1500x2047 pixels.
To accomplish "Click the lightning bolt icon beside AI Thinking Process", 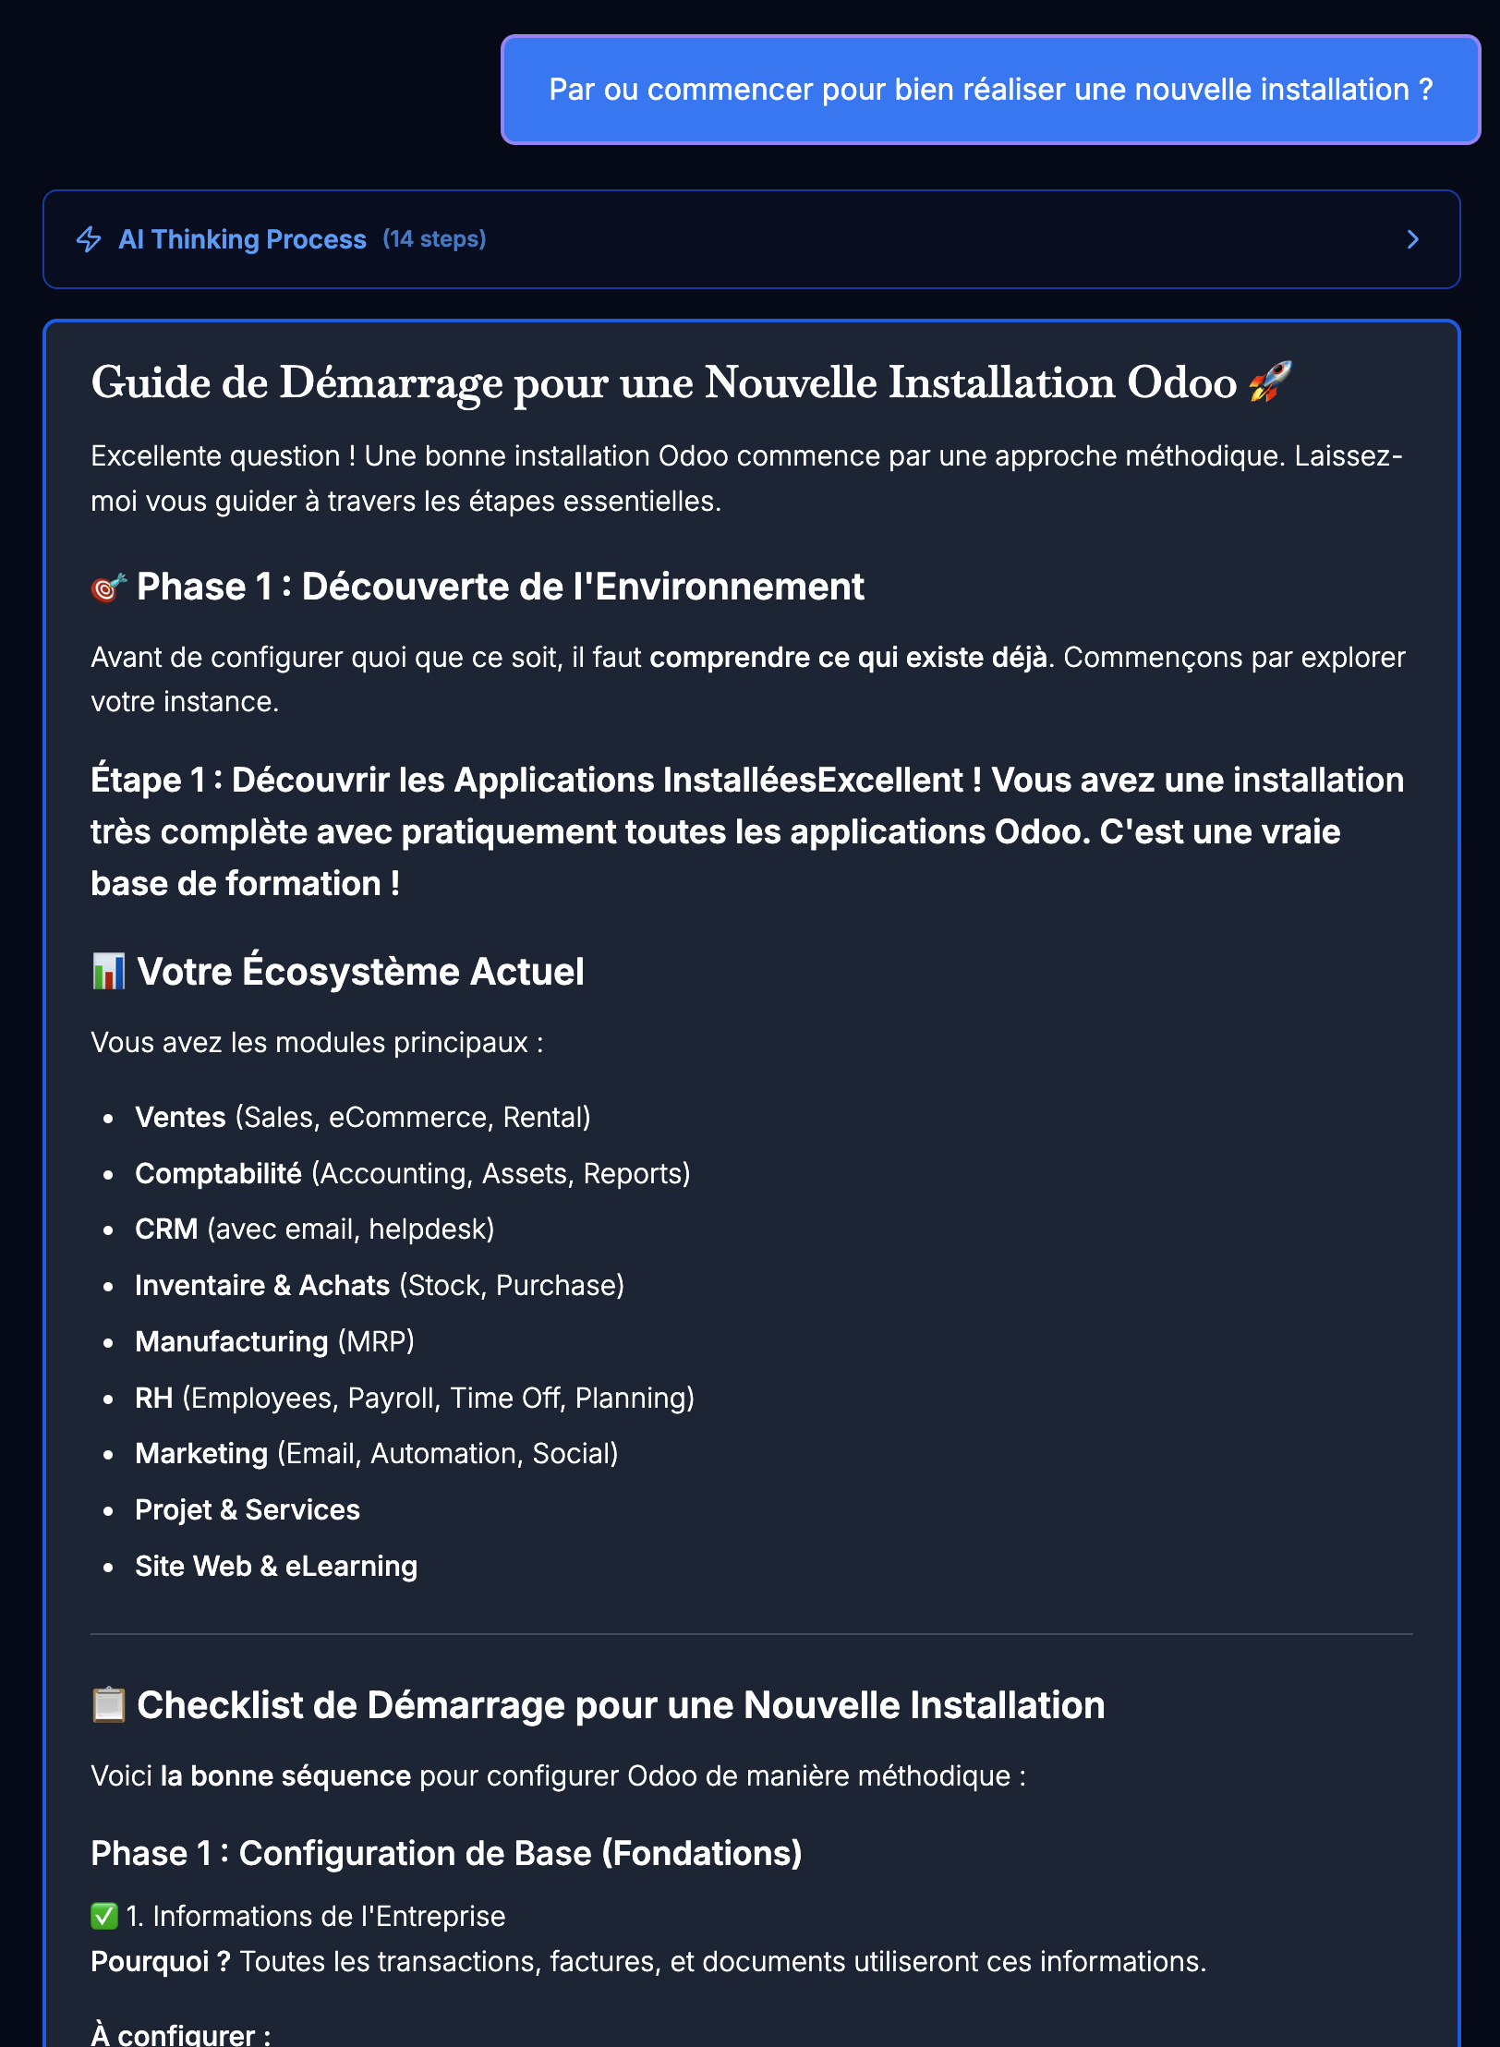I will [89, 239].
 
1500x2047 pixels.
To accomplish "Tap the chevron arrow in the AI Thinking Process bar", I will [1412, 240].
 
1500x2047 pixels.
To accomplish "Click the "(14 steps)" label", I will [434, 239].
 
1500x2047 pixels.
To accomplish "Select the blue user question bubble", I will [990, 90].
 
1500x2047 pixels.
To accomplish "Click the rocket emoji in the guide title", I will [1270, 382].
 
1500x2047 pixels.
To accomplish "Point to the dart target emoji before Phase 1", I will [108, 587].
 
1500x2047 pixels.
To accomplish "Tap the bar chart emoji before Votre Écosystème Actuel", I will [108, 972].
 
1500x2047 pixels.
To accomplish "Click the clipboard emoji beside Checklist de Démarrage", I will [108, 1705].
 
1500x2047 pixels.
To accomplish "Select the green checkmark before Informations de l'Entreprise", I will [104, 1916].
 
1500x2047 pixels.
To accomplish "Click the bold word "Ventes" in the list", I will [180, 1117].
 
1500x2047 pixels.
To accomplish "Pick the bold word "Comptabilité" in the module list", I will [218, 1173].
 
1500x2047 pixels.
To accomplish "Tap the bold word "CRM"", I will [166, 1229].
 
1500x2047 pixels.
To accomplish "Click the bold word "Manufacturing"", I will [231, 1341].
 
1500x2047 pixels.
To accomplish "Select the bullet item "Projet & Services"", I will [248, 1509].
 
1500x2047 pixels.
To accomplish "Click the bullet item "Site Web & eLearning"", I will [276, 1566].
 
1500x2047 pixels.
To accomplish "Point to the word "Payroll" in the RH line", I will [391, 1398].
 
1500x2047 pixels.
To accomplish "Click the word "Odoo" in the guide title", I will [1181, 382].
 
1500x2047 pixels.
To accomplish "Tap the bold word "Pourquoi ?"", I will [161, 1961].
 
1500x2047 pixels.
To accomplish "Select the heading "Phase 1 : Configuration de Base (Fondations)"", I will [446, 1853].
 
